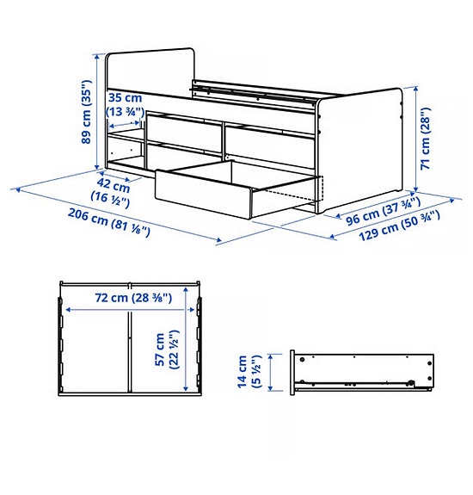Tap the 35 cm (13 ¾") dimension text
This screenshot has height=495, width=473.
click(125, 103)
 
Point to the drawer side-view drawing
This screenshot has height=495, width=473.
click(361, 371)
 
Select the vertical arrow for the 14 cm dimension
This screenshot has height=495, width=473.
click(273, 373)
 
